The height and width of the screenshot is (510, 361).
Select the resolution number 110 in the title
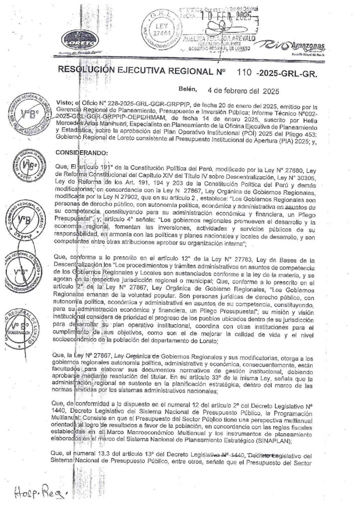241,71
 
